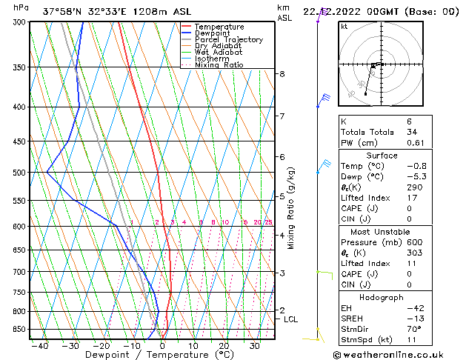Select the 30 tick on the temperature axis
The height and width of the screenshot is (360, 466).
(x=254, y=345)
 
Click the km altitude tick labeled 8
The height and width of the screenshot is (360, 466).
(x=282, y=74)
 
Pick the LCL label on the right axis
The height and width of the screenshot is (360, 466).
(x=291, y=319)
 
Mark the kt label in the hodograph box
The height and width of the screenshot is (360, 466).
(x=344, y=27)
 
